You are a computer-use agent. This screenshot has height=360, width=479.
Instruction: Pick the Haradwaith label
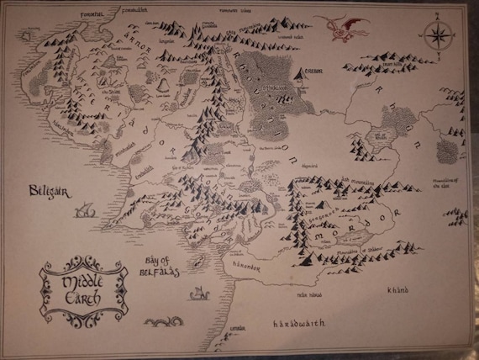(296, 323)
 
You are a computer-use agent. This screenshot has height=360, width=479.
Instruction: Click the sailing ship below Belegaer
(82, 212)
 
